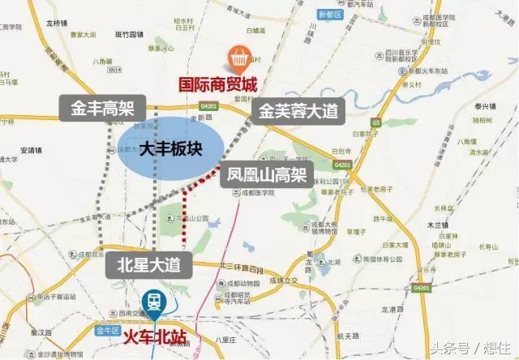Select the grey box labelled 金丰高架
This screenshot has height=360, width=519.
pyautogui.click(x=102, y=106)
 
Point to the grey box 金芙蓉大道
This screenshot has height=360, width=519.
pyautogui.click(x=296, y=111)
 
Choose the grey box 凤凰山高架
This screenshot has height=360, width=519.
pyautogui.click(x=265, y=174)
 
